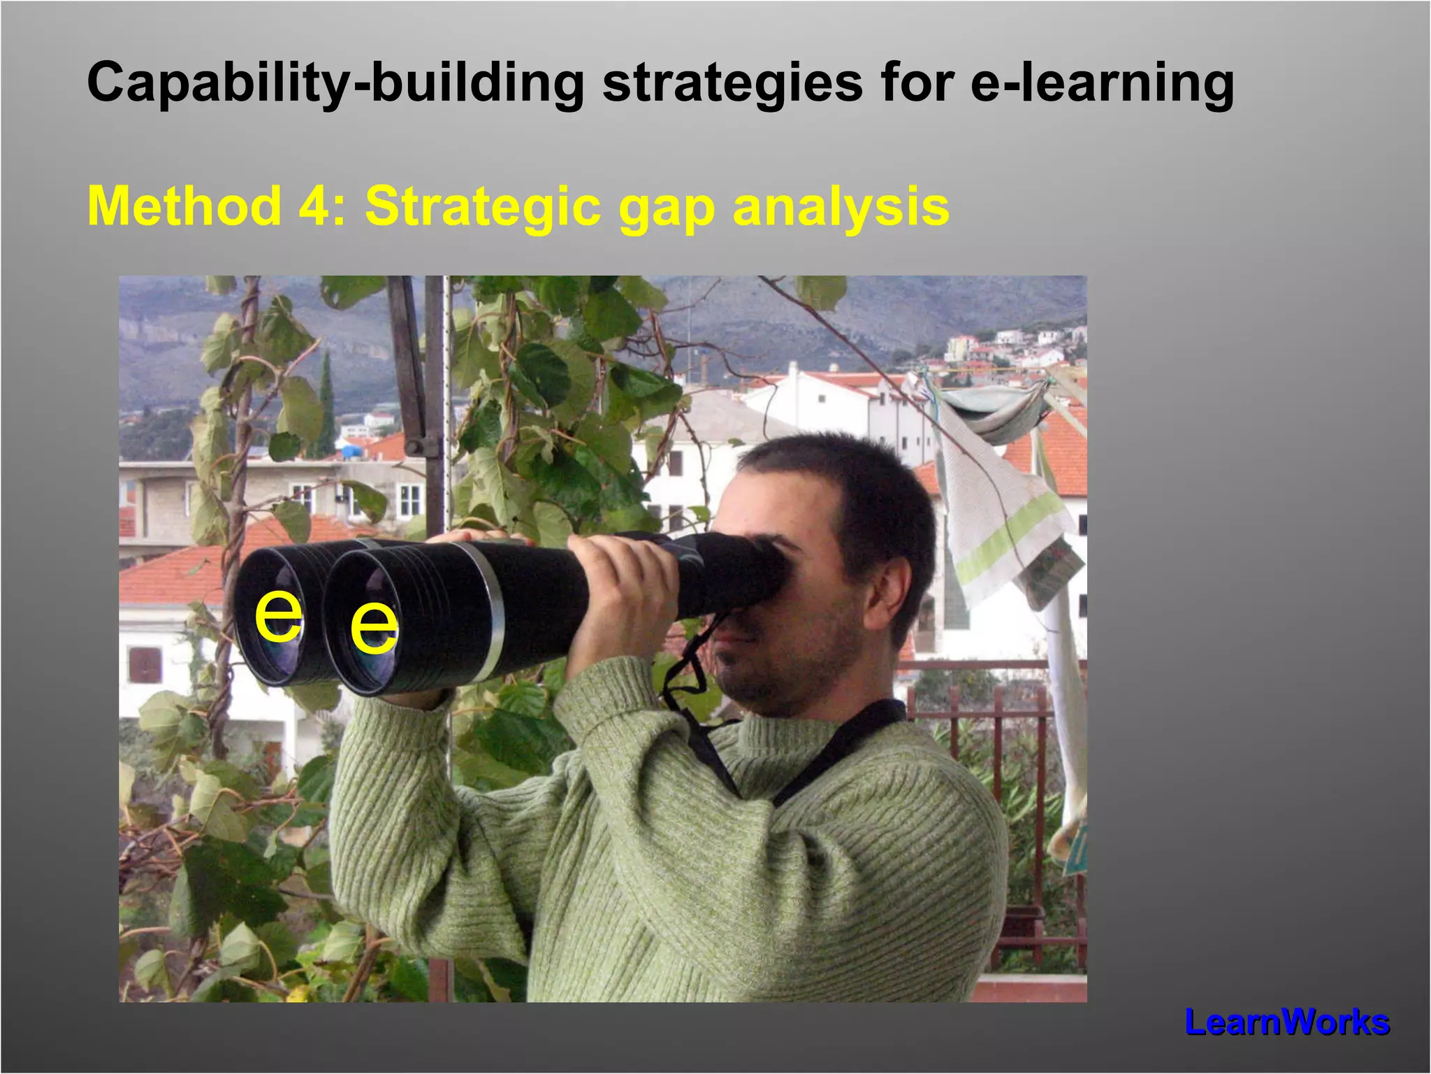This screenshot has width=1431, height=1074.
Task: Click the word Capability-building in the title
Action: [x=335, y=83]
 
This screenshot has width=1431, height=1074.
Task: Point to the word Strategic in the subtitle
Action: [x=483, y=206]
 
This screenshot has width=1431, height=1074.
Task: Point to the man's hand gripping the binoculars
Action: [x=622, y=594]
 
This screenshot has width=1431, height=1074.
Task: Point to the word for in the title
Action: [x=916, y=83]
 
